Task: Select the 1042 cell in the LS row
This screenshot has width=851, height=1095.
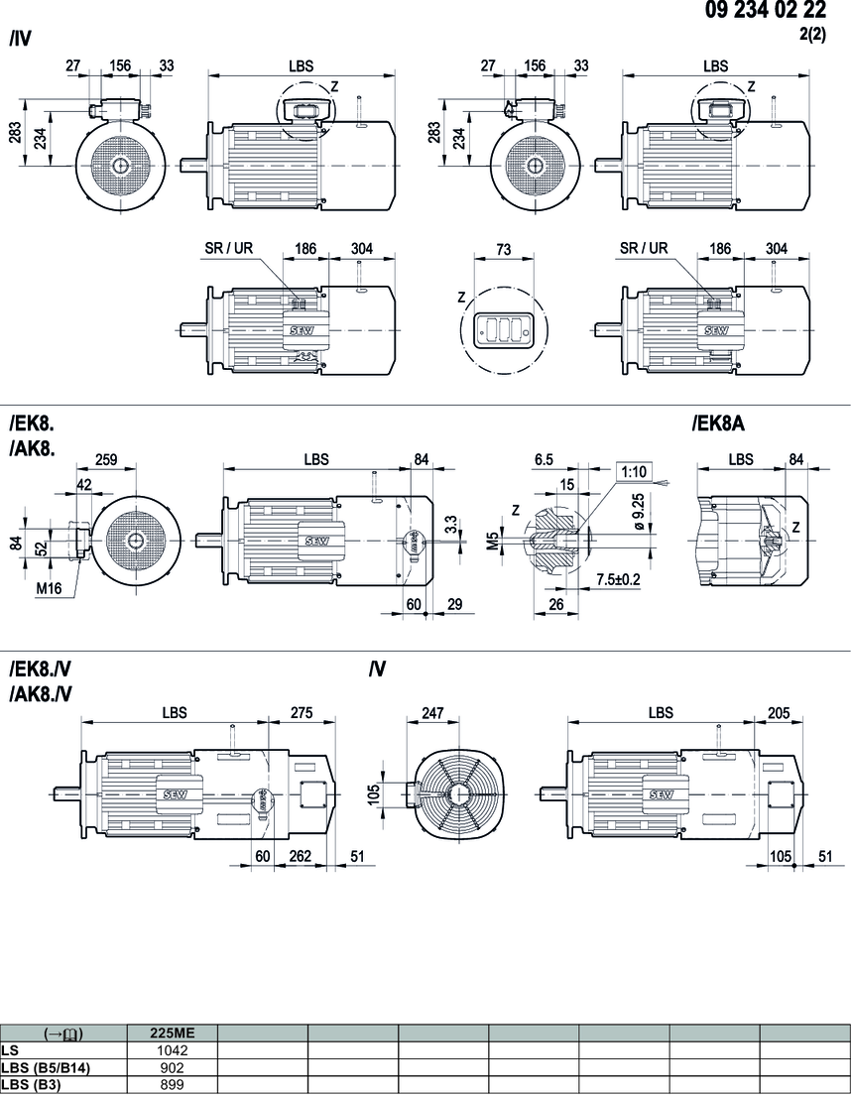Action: coord(173,1048)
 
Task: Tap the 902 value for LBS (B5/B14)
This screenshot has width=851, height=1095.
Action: coord(173,1066)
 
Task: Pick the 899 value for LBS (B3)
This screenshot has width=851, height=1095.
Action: coord(173,1084)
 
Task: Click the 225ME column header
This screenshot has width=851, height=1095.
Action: coord(173,1033)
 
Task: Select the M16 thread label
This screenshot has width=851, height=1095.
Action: coord(50,588)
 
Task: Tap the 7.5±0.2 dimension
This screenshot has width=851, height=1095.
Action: coord(618,579)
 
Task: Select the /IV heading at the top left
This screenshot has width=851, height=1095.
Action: coord(20,41)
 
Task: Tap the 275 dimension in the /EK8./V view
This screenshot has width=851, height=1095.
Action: coord(301,712)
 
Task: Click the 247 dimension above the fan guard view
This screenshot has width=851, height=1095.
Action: coord(433,712)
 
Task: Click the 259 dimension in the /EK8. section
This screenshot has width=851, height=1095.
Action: coord(107,460)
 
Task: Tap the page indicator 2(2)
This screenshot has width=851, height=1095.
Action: coord(811,33)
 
